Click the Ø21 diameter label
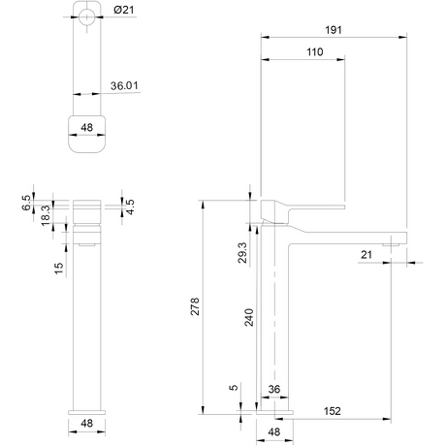124,10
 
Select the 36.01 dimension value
124,85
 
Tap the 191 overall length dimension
334,30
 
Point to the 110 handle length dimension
314,51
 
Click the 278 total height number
195,306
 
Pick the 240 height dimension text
249,317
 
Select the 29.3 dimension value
242,253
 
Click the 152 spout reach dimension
333,411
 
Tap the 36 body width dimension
274,389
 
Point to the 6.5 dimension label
26,203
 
